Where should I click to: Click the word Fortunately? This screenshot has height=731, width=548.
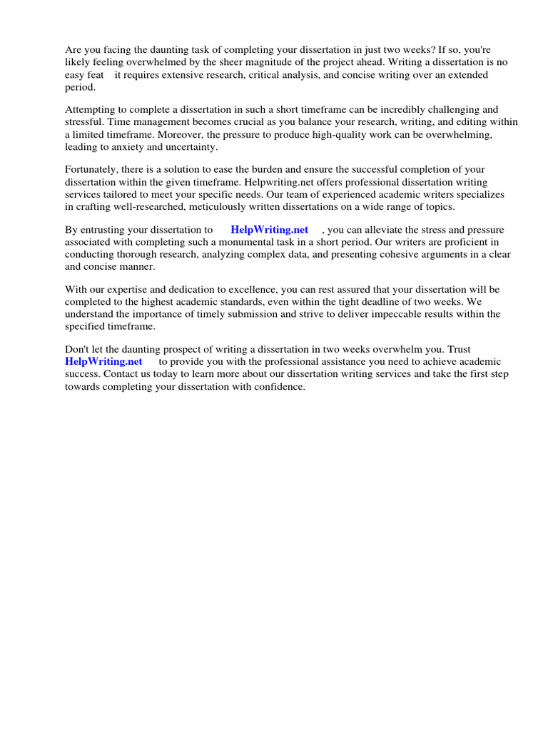click(93, 170)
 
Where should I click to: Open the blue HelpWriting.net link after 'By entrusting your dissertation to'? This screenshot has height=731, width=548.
click(269, 230)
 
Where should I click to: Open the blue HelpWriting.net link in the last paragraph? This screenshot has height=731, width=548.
click(103, 362)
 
